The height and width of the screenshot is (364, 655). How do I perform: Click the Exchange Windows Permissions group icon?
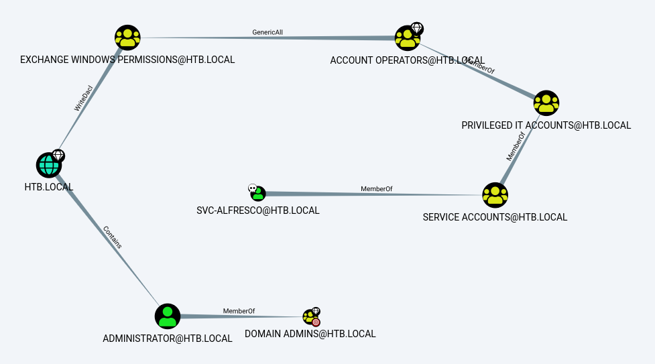click(x=127, y=38)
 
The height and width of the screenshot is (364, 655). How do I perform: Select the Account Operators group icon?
click(x=406, y=38)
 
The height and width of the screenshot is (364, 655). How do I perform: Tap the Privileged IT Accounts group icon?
click(x=546, y=103)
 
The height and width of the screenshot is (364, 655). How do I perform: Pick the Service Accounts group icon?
click(x=495, y=195)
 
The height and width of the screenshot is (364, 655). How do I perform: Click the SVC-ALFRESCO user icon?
click(x=258, y=194)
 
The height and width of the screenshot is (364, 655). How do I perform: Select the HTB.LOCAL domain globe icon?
click(x=48, y=165)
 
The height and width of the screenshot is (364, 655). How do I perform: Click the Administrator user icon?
click(x=168, y=316)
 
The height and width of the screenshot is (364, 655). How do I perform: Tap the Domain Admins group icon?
click(x=309, y=316)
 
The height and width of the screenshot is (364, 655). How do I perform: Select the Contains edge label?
click(x=113, y=237)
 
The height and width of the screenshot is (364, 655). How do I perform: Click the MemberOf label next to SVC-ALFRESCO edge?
click(x=376, y=189)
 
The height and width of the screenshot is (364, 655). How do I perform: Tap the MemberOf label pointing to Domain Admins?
click(x=239, y=310)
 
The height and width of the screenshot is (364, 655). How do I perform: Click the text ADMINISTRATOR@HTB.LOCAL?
click(x=168, y=339)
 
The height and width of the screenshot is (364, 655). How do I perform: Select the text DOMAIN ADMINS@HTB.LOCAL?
click(x=310, y=334)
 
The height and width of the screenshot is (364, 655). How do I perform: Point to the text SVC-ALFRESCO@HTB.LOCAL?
click(x=258, y=210)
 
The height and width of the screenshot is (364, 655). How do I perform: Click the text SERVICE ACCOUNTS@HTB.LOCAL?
click(x=495, y=217)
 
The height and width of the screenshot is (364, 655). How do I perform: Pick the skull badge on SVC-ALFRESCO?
click(x=252, y=188)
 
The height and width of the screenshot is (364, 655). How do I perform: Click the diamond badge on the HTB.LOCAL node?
click(x=58, y=156)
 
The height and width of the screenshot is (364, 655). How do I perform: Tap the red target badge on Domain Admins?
click(x=316, y=322)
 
